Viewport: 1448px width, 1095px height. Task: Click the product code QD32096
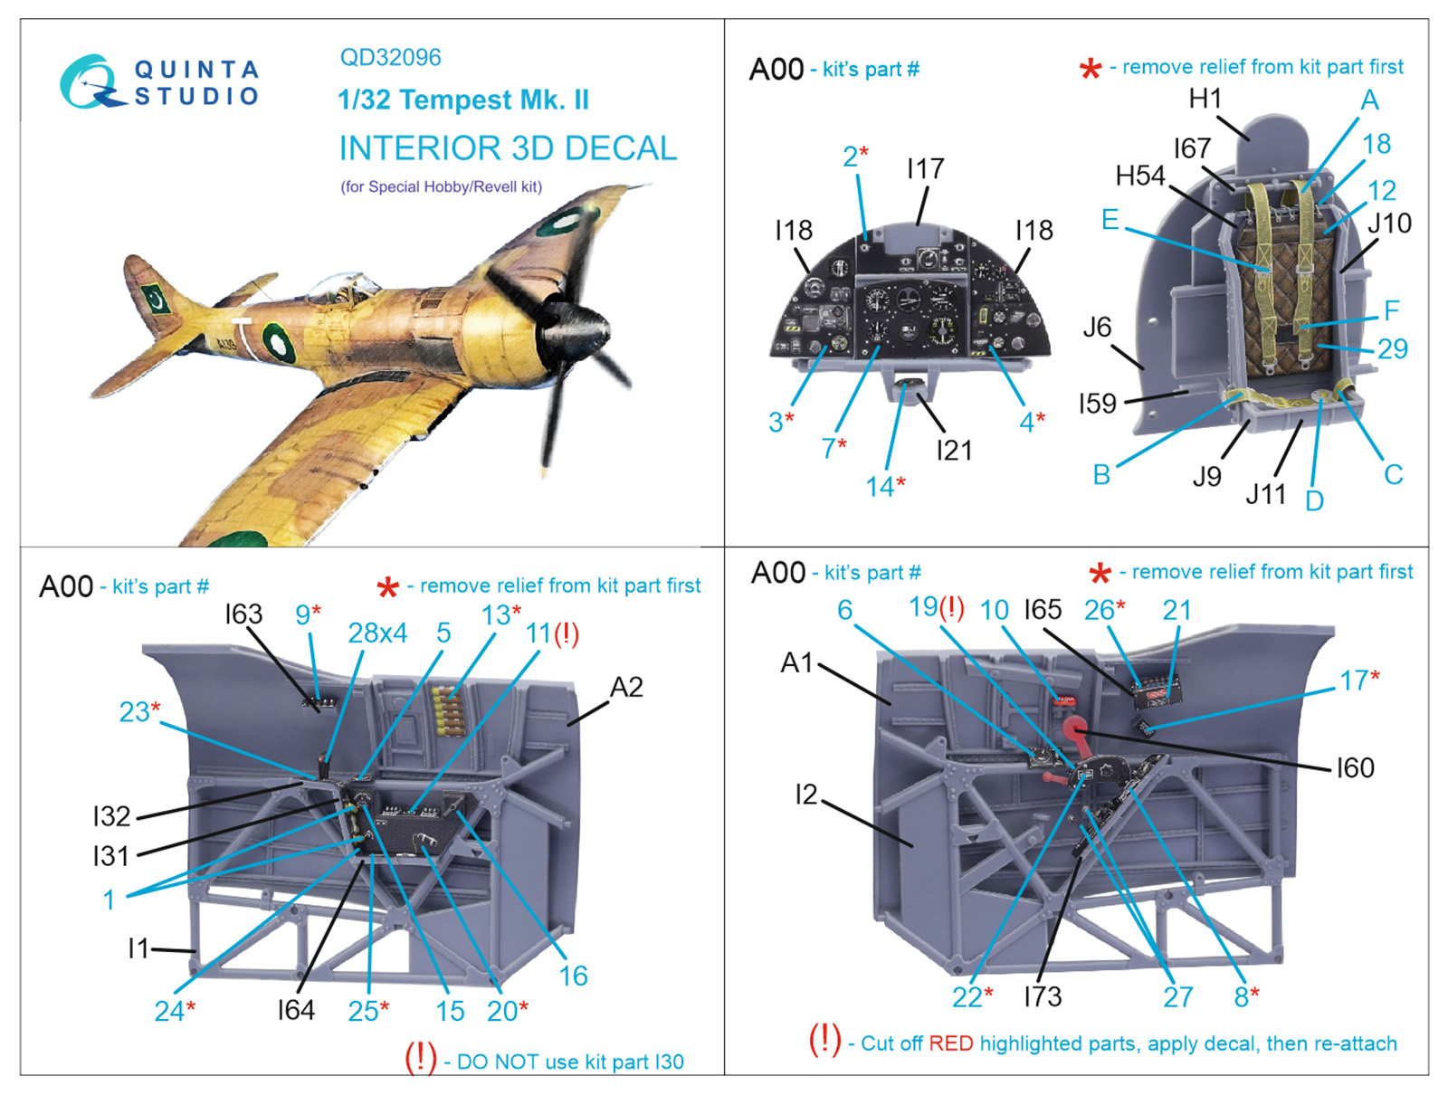390,58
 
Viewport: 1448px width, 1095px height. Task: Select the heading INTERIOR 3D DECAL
508,148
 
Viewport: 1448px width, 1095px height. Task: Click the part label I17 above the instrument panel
925,169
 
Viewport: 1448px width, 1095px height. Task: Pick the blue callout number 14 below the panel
879,487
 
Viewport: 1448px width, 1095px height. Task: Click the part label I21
954,450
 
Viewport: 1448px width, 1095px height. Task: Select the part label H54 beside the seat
1140,176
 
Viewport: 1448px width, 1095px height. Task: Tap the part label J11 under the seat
1265,494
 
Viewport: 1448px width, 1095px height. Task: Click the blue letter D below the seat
1314,500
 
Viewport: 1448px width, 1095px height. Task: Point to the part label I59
1097,403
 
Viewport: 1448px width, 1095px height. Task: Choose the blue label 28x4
377,633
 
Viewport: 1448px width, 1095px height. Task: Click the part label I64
296,1009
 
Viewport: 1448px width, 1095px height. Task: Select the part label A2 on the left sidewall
626,687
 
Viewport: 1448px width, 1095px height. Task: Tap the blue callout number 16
573,976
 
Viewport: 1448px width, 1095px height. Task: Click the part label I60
1355,767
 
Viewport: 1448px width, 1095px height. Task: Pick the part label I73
1042,996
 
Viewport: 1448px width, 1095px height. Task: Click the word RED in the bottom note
950,1043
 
